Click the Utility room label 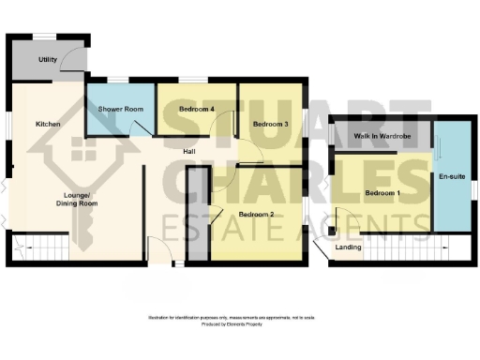tap(47, 59)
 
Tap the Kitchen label tap(48, 124)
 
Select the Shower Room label tap(121, 110)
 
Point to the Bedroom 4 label tap(197, 110)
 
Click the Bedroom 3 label tap(269, 124)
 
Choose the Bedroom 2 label tap(255, 214)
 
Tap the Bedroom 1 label tap(382, 193)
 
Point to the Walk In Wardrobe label tap(382, 137)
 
